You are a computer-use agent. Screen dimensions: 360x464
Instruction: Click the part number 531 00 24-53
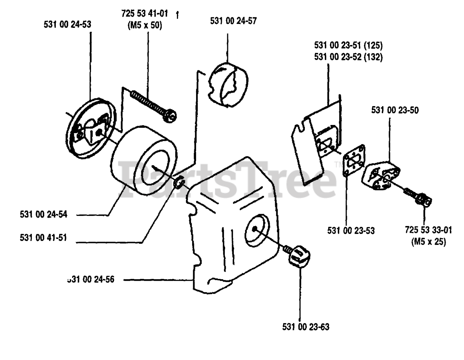pyautogui.click(x=67, y=25)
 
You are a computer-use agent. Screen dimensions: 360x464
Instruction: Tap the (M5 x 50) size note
pyautogui.click(x=145, y=26)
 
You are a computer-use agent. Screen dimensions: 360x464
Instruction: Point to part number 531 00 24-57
pyautogui.click(x=233, y=21)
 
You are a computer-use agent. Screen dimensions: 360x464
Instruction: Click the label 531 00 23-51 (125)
pyautogui.click(x=348, y=46)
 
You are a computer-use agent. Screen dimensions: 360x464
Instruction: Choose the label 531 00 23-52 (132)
pyautogui.click(x=348, y=57)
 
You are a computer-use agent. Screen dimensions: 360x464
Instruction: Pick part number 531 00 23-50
pyautogui.click(x=395, y=110)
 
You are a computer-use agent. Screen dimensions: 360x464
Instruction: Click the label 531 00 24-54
pyautogui.click(x=43, y=214)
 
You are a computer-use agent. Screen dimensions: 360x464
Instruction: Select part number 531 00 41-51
pyautogui.click(x=43, y=238)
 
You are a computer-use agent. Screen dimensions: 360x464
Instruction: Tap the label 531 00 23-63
pyautogui.click(x=306, y=327)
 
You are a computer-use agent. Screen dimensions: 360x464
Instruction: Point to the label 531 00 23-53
pyautogui.click(x=351, y=230)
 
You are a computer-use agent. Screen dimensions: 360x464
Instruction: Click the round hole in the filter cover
pyautogui.click(x=257, y=227)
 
